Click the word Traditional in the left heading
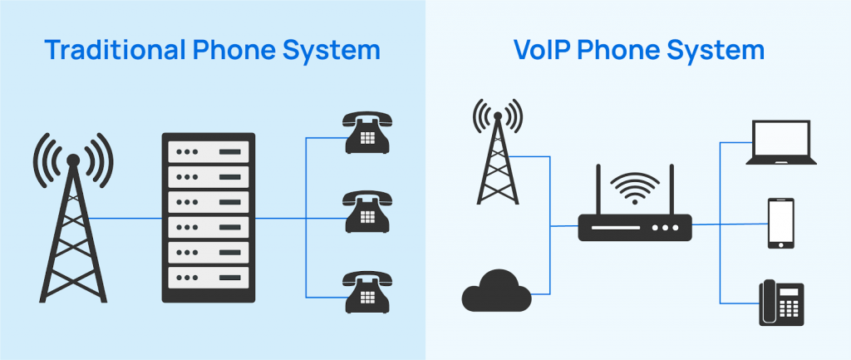[115, 50]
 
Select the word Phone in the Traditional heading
[235, 50]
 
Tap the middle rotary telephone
[366, 213]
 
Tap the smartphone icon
[780, 223]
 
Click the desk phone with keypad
[780, 303]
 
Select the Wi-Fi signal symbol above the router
[635, 187]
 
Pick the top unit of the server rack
[208, 152]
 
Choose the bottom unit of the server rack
[208, 277]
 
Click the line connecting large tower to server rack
[125, 219]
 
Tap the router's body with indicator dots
[635, 227]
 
